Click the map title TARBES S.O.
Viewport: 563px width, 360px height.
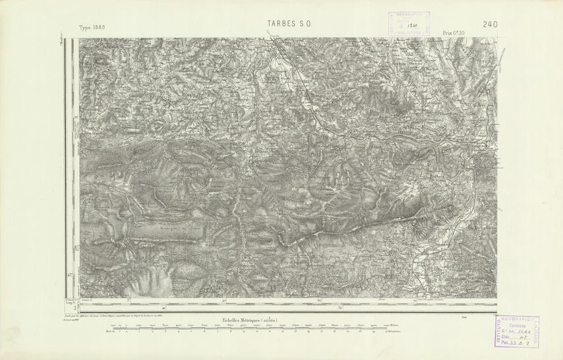click(x=289, y=24)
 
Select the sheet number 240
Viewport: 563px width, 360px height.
click(x=490, y=24)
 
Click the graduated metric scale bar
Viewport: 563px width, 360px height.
click(x=251, y=330)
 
